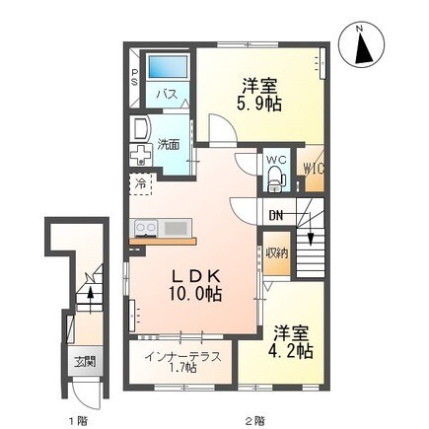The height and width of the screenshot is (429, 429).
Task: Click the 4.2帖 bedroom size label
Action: click(x=293, y=350)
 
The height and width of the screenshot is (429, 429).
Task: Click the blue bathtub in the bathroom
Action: click(x=167, y=70)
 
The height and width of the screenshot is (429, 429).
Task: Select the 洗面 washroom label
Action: click(x=170, y=145)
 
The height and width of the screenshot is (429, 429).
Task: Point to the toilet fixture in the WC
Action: click(x=275, y=179)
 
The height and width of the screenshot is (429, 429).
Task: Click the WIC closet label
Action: click(x=314, y=168)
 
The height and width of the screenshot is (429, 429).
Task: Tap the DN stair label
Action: click(x=276, y=216)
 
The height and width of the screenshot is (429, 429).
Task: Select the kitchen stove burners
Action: click(x=145, y=228)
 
